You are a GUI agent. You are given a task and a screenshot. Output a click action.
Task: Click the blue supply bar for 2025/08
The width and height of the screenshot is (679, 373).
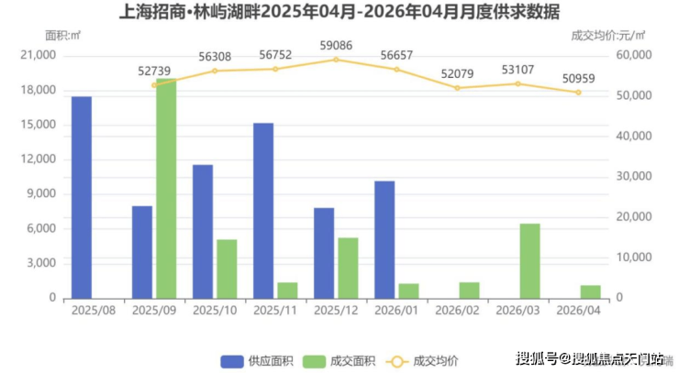82,197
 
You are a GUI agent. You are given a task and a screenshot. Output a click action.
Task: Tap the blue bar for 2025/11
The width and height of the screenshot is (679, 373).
263,211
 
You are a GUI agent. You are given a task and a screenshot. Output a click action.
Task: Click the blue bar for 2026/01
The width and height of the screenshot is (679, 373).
384,239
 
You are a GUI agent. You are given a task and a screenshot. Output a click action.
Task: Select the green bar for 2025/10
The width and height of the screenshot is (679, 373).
227,269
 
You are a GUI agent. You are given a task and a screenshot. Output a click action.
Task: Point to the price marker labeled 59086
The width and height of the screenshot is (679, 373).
336,60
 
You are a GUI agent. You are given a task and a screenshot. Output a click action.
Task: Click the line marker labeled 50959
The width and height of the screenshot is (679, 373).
578,93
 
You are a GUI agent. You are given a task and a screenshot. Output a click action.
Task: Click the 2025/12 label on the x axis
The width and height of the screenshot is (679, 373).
336,311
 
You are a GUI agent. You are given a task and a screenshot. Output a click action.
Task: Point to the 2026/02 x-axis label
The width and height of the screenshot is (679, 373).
457,311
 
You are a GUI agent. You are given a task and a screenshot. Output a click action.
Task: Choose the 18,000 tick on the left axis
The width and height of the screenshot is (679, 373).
39,91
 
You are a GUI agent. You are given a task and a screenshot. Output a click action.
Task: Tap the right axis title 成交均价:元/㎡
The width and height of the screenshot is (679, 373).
608,35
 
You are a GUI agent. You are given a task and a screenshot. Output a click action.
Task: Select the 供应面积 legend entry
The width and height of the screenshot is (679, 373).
258,359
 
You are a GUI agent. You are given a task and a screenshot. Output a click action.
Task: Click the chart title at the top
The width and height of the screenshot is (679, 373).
339,12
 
